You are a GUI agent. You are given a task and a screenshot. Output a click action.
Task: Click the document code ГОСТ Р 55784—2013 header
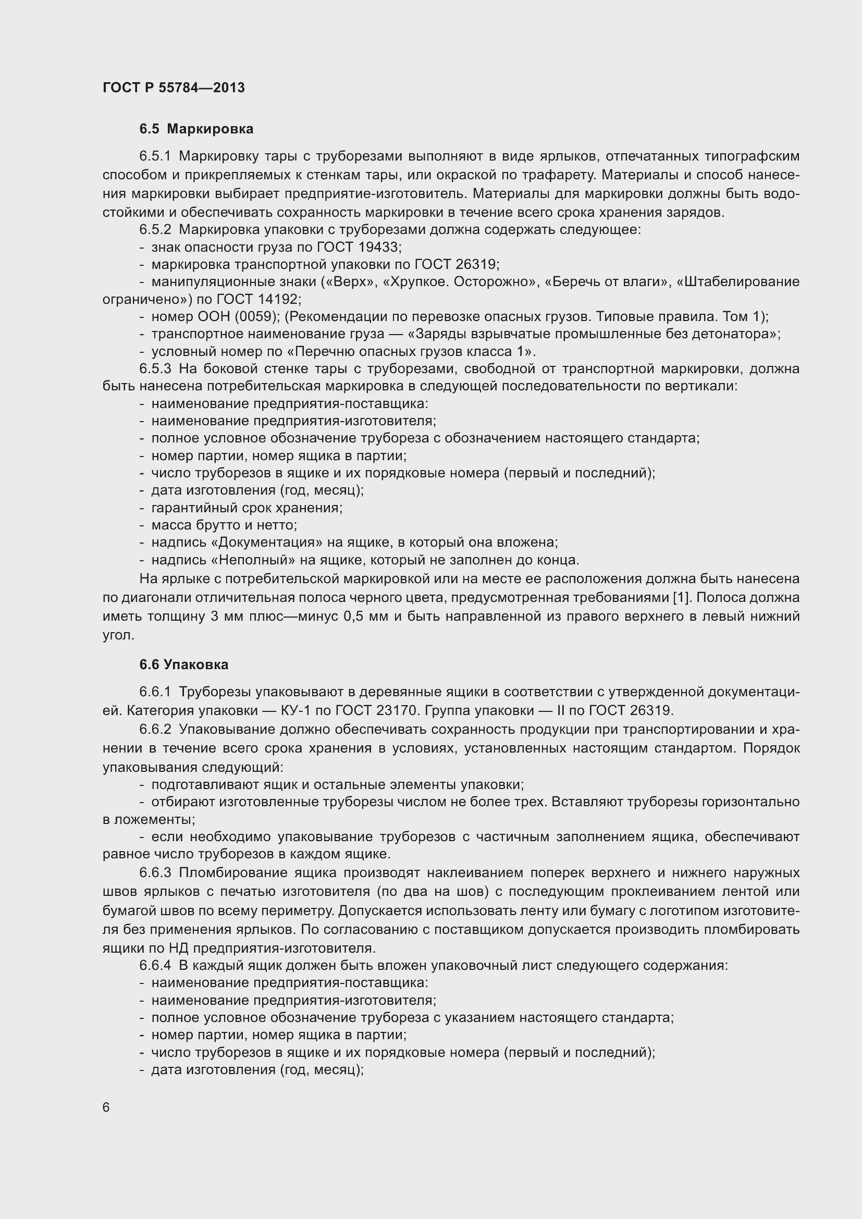coord(174,88)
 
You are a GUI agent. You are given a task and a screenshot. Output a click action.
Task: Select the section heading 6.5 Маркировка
coord(196,129)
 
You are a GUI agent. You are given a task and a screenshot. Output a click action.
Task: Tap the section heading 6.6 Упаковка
coord(183,664)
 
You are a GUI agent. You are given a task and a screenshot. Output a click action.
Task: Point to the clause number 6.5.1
coord(155,156)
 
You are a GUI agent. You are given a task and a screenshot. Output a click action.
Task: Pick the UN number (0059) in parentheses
coord(257,317)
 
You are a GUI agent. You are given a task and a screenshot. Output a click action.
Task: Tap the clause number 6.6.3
coord(155,873)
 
